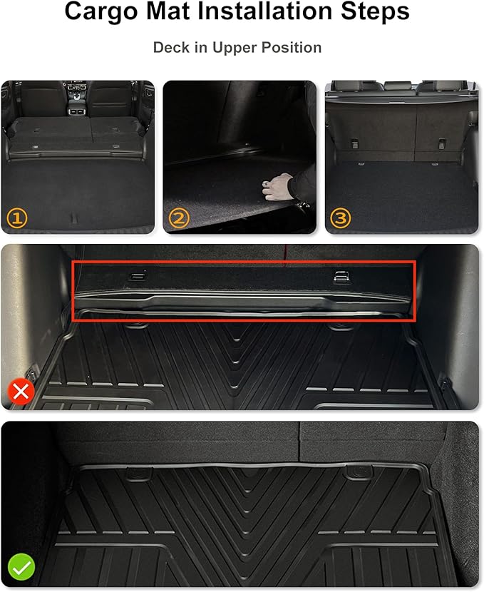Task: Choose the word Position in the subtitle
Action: pos(293,48)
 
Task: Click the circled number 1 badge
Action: pos(17,218)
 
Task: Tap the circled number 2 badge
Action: pos(179,218)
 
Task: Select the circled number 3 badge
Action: pos(341,218)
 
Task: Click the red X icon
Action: pos(21,392)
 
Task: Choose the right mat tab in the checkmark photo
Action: pos(354,471)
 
